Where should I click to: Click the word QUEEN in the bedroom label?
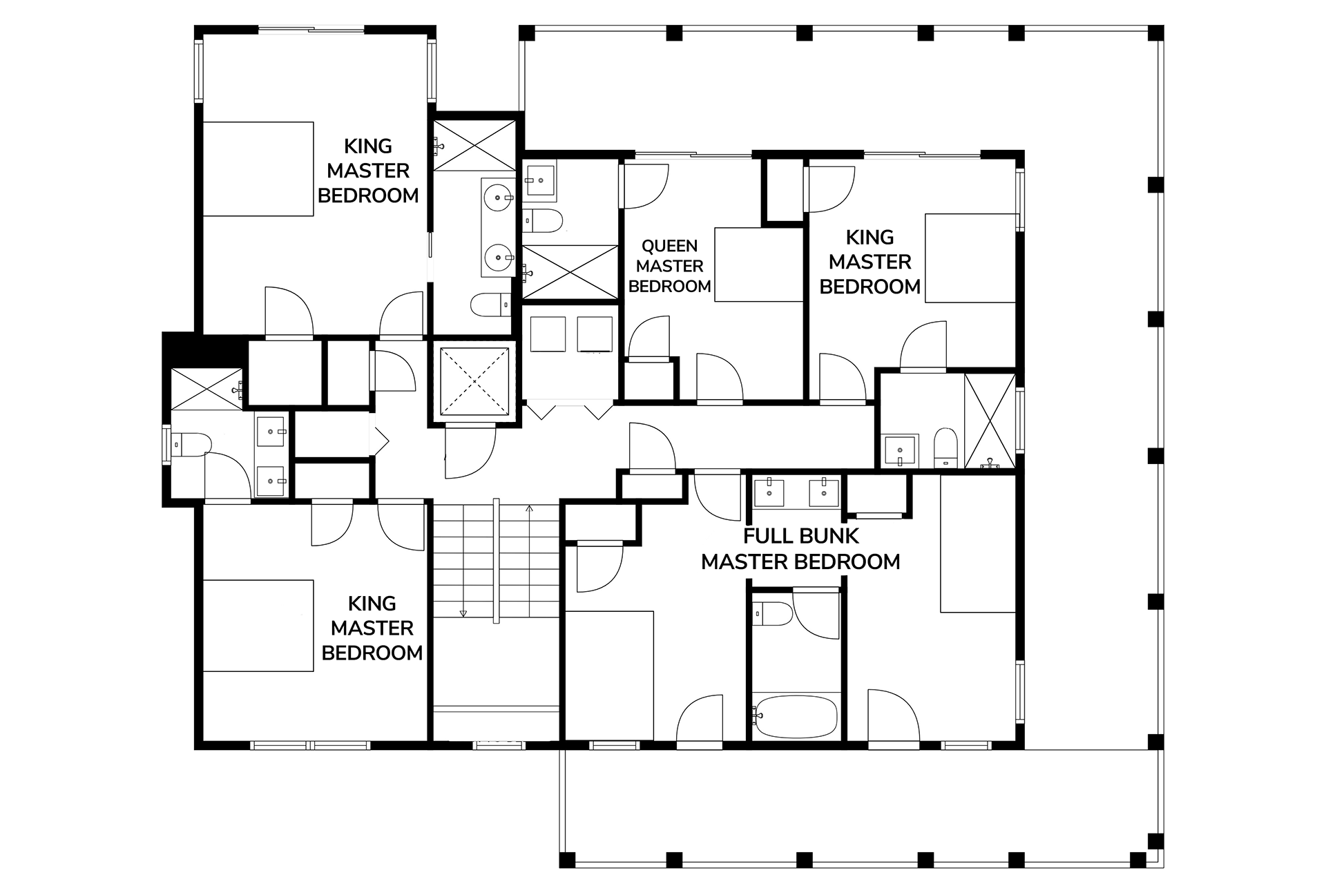pos(669,246)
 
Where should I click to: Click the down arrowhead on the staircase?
pos(463,613)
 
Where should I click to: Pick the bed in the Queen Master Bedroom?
pos(759,265)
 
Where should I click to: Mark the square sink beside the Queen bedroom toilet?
pos(539,180)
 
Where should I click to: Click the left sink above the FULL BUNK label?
pos(769,492)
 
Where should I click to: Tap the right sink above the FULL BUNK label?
pos(823,492)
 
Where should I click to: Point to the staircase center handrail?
pos(496,561)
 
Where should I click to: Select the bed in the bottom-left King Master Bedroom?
pos(258,626)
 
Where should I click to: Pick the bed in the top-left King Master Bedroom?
pos(258,169)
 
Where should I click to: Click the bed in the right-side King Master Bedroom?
pos(970,258)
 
